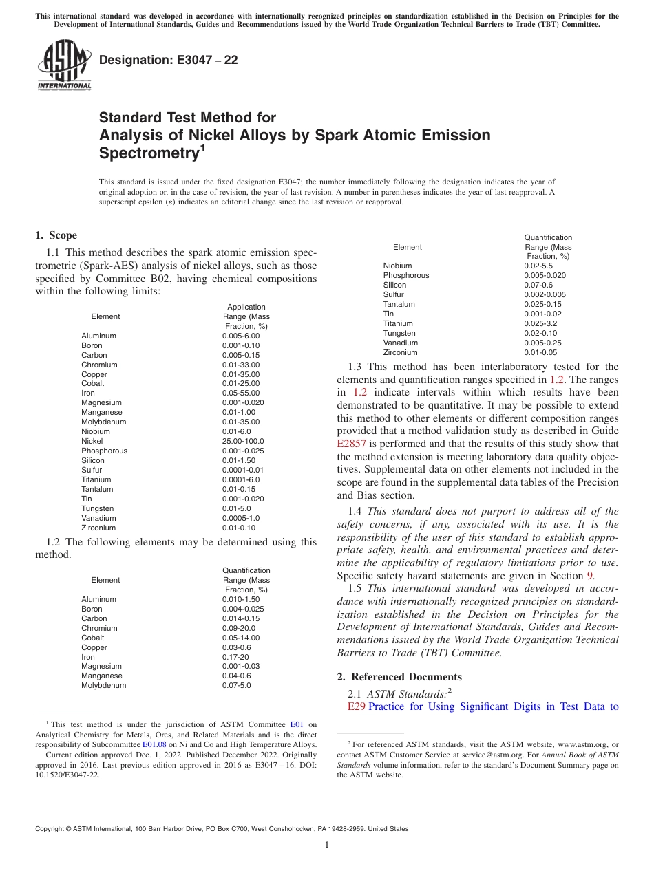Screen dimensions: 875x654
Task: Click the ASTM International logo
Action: [x=63, y=65]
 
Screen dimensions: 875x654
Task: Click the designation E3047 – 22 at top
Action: [x=169, y=61]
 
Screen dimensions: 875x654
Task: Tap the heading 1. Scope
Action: [x=56, y=236]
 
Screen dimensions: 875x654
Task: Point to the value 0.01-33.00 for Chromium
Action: [x=240, y=365]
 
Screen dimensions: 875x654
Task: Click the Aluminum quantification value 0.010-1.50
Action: [x=241, y=599]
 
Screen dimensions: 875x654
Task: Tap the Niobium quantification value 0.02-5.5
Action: [x=540, y=266]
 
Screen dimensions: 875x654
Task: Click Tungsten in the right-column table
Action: [x=399, y=333]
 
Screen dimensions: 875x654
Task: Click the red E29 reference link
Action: [x=356, y=706]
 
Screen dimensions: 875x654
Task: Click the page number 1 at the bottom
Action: [x=327, y=845]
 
